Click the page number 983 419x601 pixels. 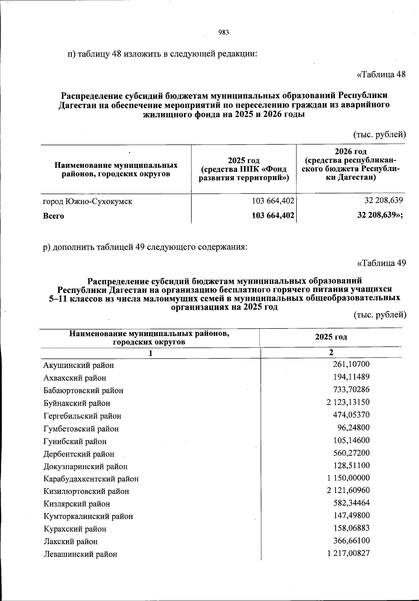coord(223,32)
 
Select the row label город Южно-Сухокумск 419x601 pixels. coord(88,201)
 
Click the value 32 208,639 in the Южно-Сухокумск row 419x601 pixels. coord(384,201)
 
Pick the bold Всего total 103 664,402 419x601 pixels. coord(273,216)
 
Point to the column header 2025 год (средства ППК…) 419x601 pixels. coord(244,169)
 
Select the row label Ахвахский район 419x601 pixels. coord(75,378)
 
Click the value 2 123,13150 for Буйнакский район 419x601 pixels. coord(348,402)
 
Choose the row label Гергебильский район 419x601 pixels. coord(82,416)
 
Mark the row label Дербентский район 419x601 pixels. coord(79,454)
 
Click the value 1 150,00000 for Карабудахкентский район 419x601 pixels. coord(348,478)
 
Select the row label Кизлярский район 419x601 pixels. coord(77,504)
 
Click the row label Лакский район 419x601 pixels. coord(71,541)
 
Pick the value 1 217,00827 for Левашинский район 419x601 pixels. coord(348,553)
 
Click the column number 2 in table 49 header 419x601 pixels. coord(331,352)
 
